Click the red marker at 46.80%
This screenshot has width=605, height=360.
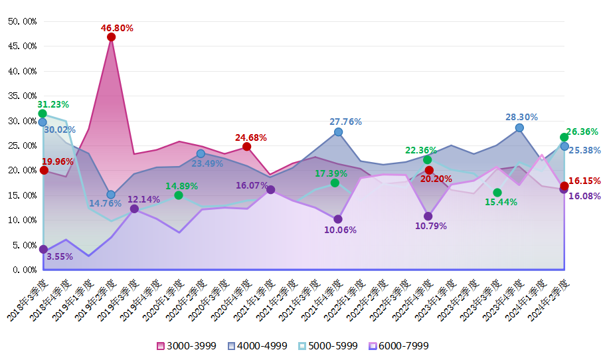(x=111, y=37)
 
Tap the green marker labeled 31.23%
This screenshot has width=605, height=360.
(x=43, y=114)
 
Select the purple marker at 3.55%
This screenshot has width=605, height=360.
(x=43, y=250)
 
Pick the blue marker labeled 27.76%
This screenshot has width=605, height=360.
(x=338, y=132)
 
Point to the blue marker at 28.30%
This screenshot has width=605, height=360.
(x=519, y=128)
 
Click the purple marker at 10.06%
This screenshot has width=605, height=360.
(x=338, y=219)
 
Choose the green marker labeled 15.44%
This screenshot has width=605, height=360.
(x=497, y=193)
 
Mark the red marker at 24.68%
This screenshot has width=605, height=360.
(x=247, y=147)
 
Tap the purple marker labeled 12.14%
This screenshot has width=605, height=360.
(x=134, y=209)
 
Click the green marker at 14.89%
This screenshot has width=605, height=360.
(x=179, y=195)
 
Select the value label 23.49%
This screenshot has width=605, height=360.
(x=207, y=163)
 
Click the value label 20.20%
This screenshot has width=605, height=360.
(x=436, y=179)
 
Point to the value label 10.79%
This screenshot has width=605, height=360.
(x=430, y=226)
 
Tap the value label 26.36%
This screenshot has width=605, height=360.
(x=583, y=132)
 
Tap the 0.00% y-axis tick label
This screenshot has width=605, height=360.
(x=23, y=270)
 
